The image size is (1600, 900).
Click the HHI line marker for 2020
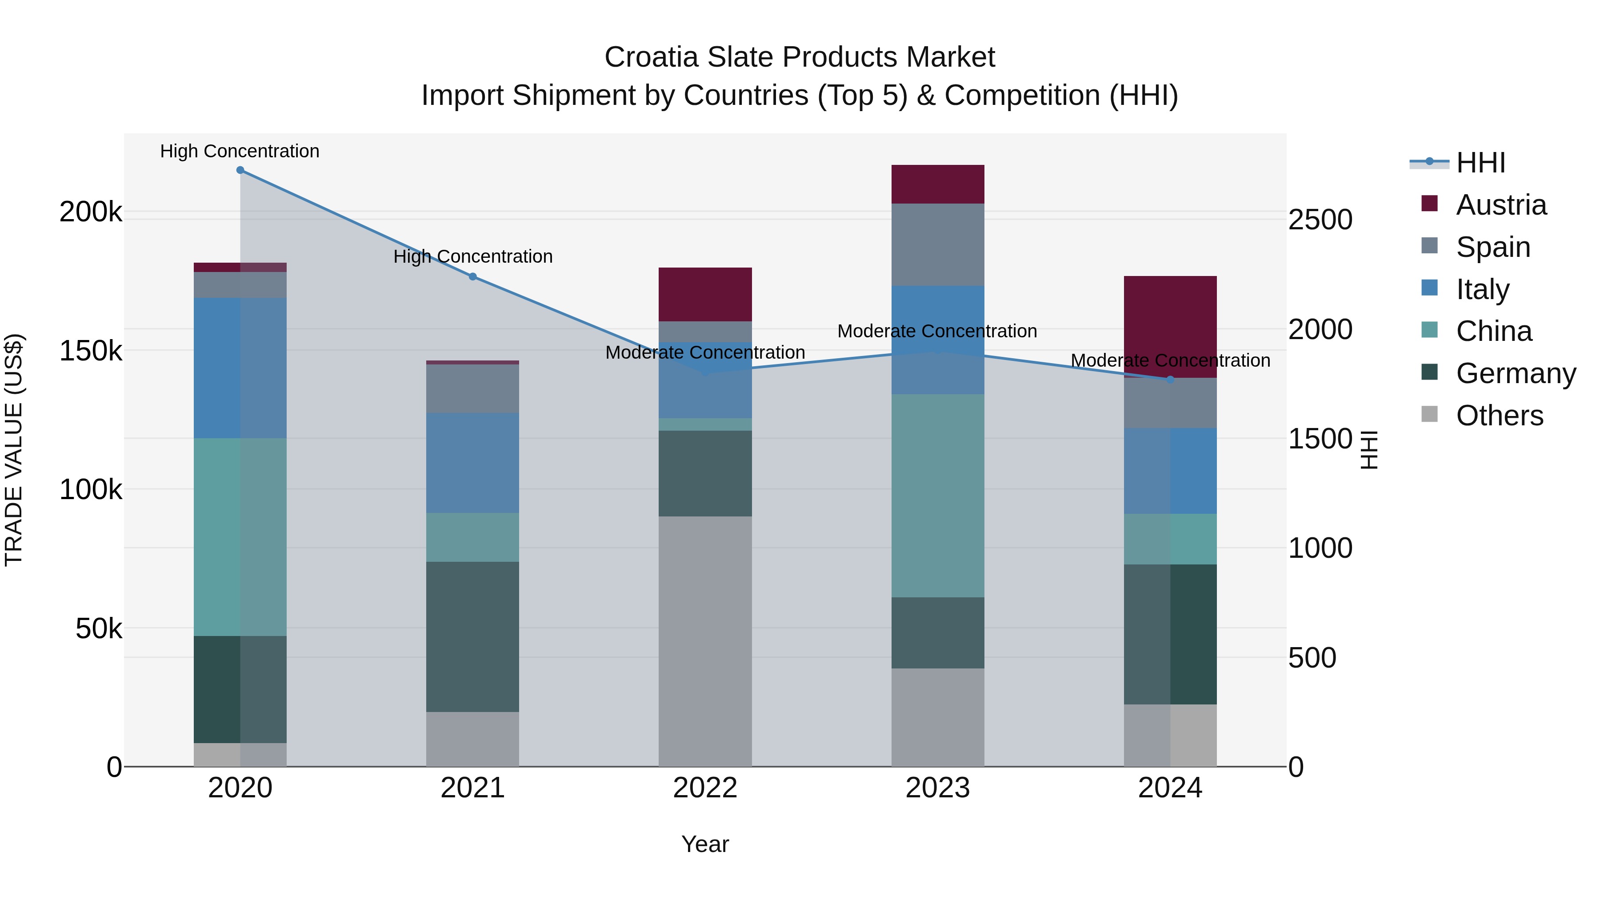pos(240,170)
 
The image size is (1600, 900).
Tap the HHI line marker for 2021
pos(473,276)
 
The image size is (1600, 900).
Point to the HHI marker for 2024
pos(1170,380)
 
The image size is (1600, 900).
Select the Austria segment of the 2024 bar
pos(1170,327)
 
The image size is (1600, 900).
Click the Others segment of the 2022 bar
pos(705,641)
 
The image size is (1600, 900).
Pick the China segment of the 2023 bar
pos(937,496)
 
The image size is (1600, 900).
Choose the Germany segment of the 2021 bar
pos(473,636)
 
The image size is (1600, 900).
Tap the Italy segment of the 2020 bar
pos(240,368)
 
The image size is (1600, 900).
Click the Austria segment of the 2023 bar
pos(937,184)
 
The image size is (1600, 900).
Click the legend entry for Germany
pos(1515,373)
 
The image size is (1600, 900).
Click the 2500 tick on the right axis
pos(1320,220)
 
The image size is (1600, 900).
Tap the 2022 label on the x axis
pos(705,788)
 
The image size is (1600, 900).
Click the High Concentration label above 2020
pos(240,151)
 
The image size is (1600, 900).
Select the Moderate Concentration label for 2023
pos(937,331)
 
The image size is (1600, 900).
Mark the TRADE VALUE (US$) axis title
pos(14,450)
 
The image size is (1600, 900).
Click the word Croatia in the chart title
pos(652,57)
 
